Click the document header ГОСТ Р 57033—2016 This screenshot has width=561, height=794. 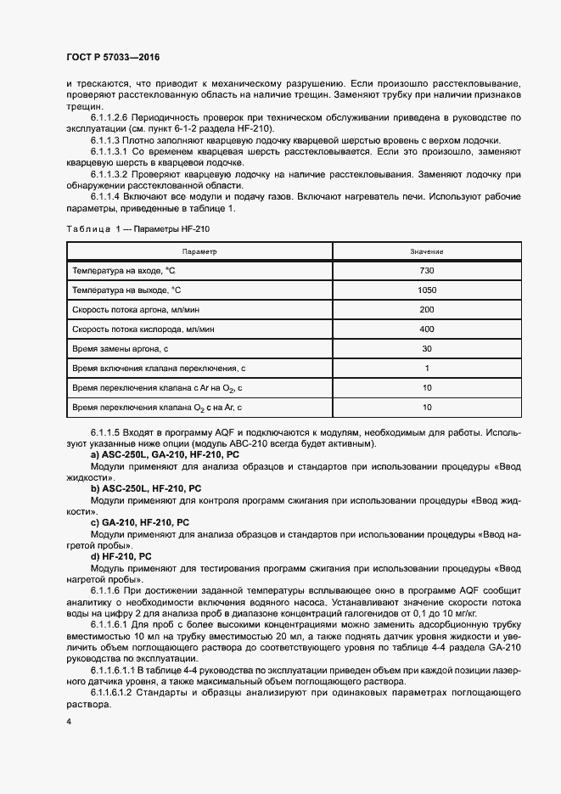point(113,57)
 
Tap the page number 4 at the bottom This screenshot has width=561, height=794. point(68,721)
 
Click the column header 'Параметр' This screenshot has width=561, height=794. point(199,252)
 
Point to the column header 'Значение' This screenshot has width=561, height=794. point(426,252)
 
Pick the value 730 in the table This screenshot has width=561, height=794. point(426,270)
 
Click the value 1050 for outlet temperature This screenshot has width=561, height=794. point(426,290)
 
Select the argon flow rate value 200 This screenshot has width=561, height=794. point(426,309)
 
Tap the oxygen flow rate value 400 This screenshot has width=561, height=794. point(426,329)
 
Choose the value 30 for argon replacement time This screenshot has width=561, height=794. point(426,348)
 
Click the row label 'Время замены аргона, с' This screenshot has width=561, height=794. point(121,348)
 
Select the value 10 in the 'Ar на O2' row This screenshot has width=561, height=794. point(426,387)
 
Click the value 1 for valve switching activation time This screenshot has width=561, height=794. point(426,368)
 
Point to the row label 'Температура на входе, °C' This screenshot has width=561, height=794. point(124,270)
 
